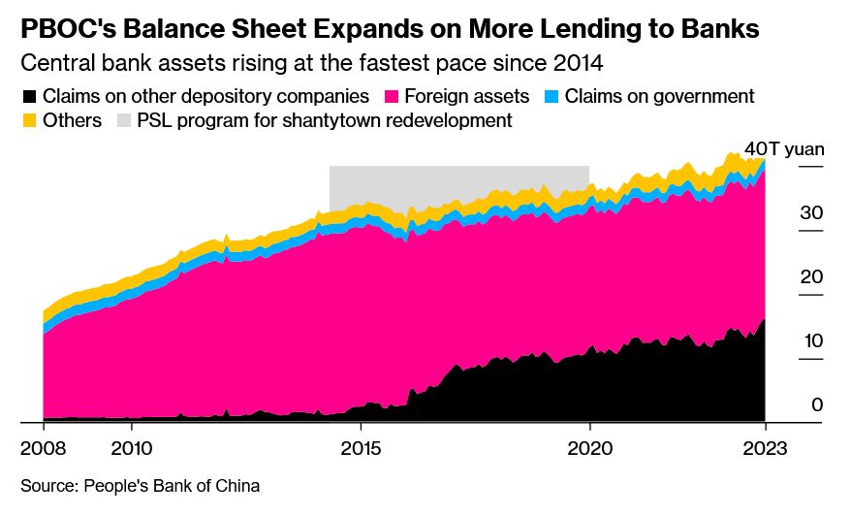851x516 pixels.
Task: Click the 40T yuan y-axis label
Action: (784, 149)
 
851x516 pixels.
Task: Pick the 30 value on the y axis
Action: (811, 212)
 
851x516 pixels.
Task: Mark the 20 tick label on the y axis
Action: (811, 276)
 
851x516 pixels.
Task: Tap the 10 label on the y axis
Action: (811, 340)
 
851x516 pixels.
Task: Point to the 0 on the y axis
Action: (817, 404)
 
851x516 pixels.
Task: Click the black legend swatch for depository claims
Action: (28, 97)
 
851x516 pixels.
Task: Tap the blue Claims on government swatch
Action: (550, 97)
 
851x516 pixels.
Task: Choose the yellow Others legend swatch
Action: (28, 121)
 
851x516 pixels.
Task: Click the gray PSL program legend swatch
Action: (123, 121)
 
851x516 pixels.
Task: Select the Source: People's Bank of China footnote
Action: (140, 484)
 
